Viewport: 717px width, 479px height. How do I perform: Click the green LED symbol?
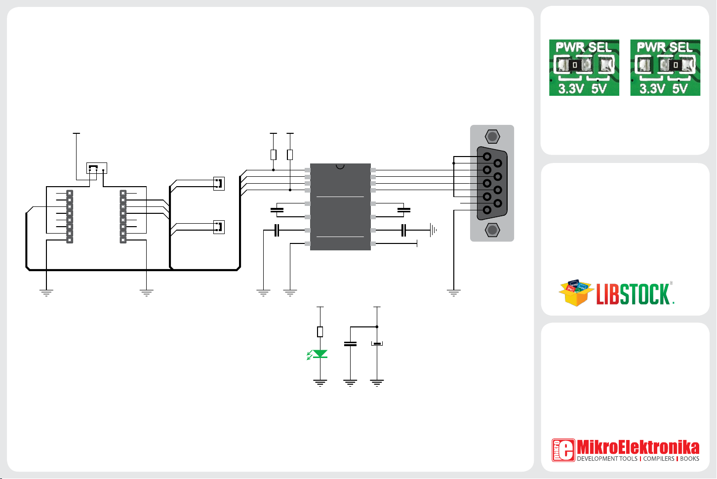click(320, 354)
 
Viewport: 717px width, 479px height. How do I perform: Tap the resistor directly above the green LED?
click(320, 332)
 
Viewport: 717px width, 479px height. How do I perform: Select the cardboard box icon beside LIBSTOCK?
click(576, 293)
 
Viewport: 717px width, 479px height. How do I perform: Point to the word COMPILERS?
click(658, 459)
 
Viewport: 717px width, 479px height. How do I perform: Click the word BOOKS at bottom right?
click(689, 459)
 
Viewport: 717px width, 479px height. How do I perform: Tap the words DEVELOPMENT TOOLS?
click(607, 459)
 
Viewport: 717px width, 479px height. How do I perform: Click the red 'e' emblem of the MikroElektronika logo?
click(563, 450)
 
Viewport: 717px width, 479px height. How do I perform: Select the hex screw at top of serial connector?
click(492, 137)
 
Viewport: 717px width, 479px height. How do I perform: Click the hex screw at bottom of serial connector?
click(492, 230)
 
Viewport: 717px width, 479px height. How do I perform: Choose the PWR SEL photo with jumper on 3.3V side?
click(584, 68)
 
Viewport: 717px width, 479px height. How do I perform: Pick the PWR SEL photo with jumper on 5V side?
click(665, 68)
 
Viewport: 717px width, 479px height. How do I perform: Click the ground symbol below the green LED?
click(320, 382)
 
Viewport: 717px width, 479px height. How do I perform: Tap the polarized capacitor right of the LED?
click(377, 344)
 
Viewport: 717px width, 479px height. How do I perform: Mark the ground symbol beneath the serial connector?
click(453, 292)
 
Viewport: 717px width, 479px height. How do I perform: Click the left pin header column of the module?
click(70, 217)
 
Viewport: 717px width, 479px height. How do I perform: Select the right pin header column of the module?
click(123, 217)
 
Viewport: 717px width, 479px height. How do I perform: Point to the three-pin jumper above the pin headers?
click(97, 168)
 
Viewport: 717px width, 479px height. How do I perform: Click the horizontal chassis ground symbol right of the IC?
click(434, 230)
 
